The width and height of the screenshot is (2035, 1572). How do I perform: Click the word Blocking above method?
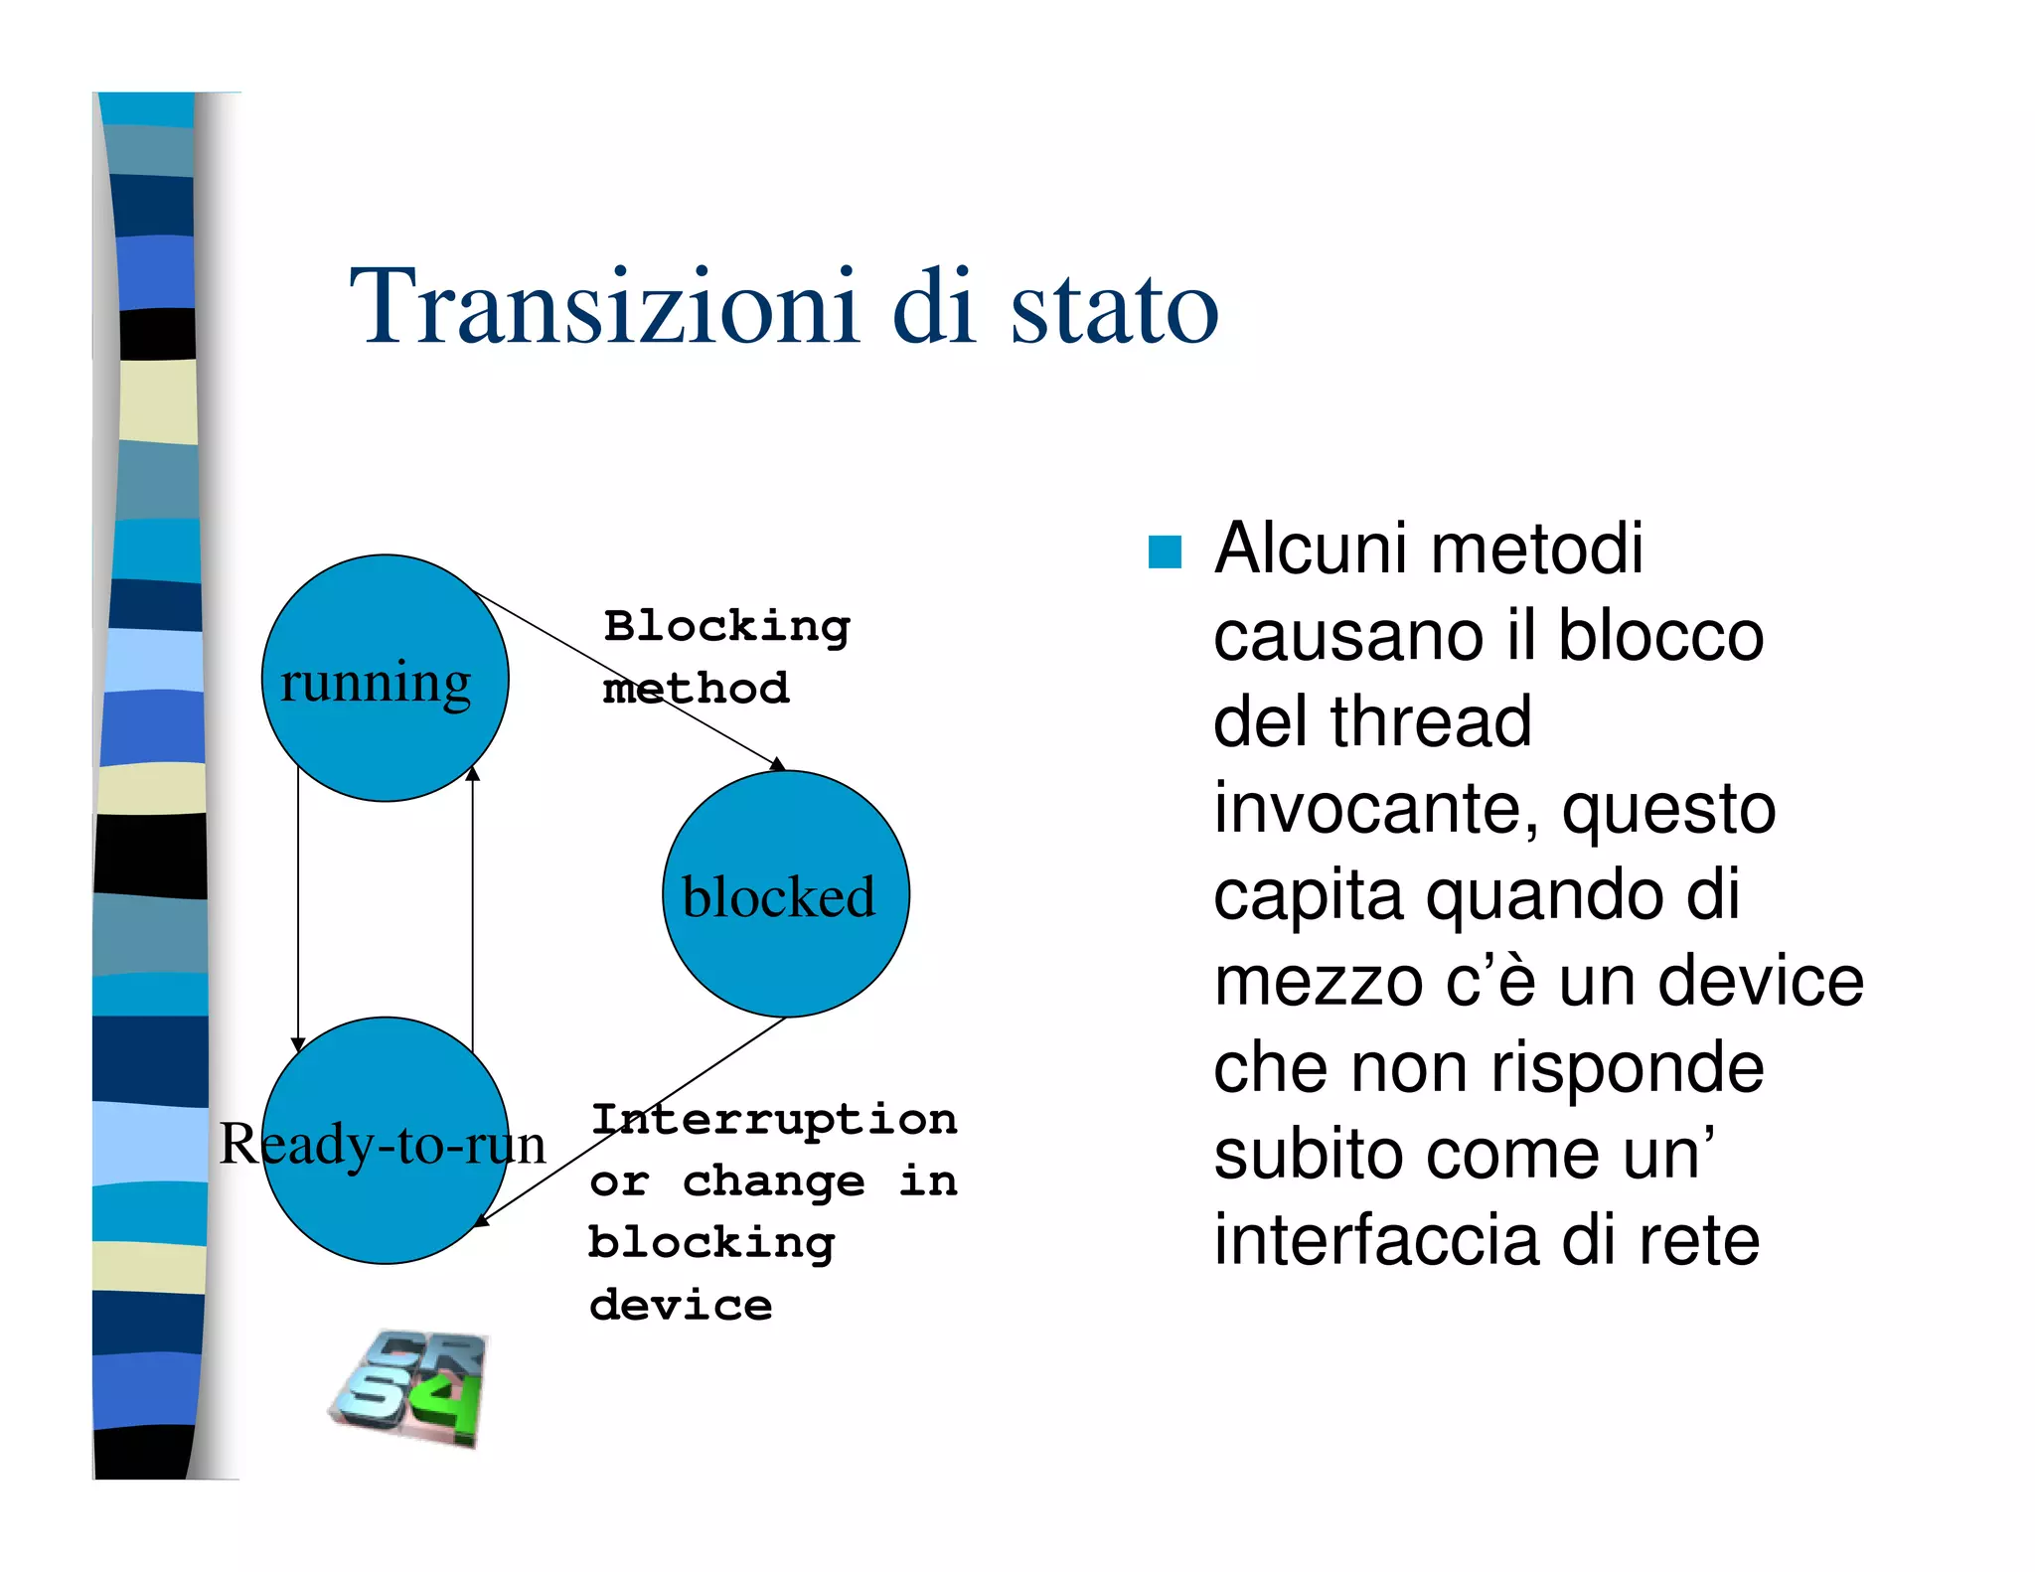(x=726, y=627)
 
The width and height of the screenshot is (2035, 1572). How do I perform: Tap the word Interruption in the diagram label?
(x=774, y=1120)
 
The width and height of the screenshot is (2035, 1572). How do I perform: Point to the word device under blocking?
(x=681, y=1305)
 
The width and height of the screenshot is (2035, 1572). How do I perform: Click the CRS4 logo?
(x=409, y=1388)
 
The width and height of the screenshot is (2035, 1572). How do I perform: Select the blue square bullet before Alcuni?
(x=1165, y=551)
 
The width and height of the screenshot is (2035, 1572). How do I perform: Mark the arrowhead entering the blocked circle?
(x=778, y=763)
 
